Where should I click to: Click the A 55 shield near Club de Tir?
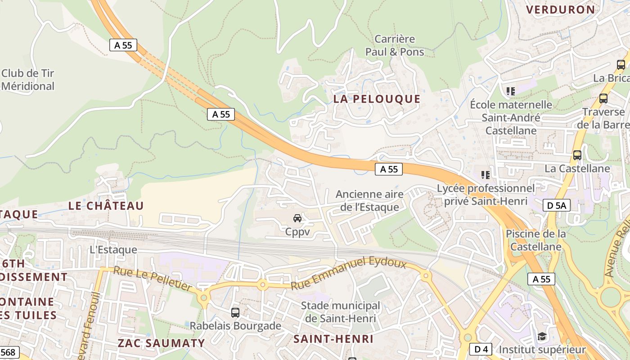(x=123, y=45)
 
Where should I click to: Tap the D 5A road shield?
(x=557, y=206)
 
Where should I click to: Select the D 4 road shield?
(x=481, y=349)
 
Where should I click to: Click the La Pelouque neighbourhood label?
(x=377, y=99)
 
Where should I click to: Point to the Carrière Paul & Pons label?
(x=394, y=45)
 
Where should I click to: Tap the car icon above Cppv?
(x=297, y=218)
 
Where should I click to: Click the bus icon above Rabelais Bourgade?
(x=235, y=312)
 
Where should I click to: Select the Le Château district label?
(x=106, y=206)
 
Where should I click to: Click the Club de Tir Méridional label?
(x=28, y=80)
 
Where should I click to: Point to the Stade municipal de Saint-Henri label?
(x=340, y=312)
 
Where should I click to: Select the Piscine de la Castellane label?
(x=535, y=240)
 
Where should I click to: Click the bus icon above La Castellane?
(x=577, y=155)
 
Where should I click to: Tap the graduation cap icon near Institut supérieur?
(x=542, y=337)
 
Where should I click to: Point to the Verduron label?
(x=560, y=9)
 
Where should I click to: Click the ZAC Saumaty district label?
(x=161, y=342)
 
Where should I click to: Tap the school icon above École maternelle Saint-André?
(x=510, y=91)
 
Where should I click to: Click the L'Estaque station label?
(x=113, y=249)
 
